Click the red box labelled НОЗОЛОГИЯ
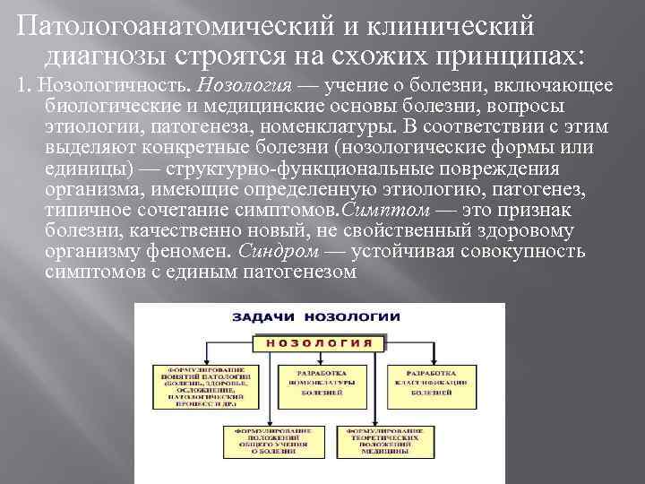tap(320, 342)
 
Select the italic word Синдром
tap(276, 251)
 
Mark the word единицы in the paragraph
tap(76, 169)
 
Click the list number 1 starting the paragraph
tap(9, 86)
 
